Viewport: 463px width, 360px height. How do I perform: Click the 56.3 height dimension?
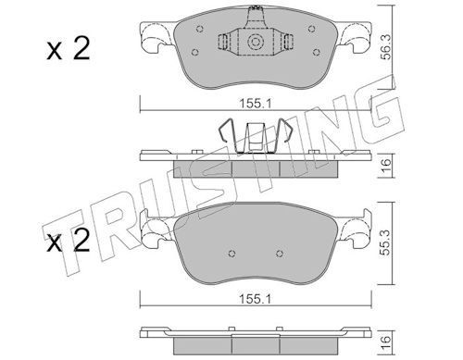click(386, 47)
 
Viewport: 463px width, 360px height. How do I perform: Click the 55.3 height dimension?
click(386, 242)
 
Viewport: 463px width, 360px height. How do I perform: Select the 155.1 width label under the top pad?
click(256, 104)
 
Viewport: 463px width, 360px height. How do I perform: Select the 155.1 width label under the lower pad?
click(256, 299)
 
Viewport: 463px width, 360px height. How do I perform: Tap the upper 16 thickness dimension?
click(386, 166)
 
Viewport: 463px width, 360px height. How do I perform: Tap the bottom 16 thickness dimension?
click(386, 343)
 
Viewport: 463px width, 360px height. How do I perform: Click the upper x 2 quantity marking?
click(69, 48)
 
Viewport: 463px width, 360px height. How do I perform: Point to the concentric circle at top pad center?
click(256, 42)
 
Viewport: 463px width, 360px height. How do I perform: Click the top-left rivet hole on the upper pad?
click(200, 29)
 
